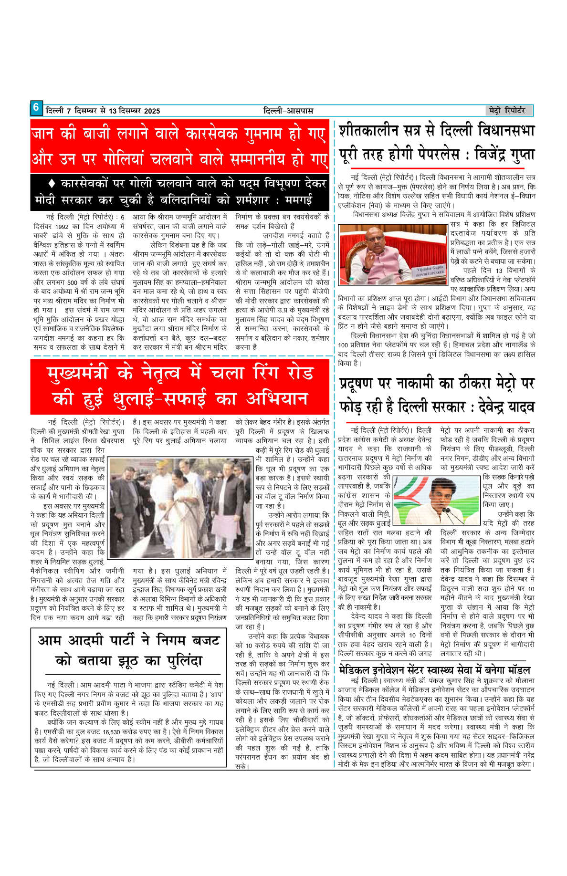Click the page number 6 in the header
(x=36, y=108)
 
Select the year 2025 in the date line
(x=152, y=111)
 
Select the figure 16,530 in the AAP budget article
(x=111, y=731)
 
